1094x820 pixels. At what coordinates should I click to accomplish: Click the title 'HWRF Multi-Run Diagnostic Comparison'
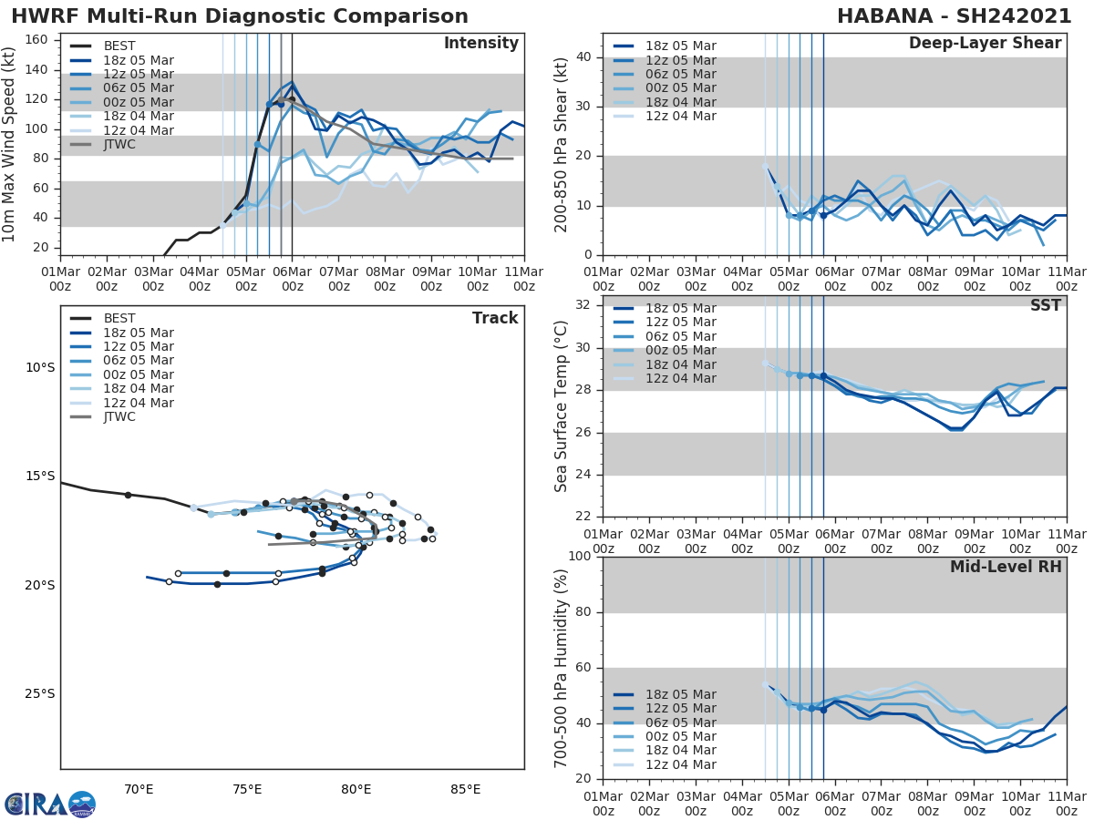[240, 16]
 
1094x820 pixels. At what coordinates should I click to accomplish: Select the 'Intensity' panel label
[480, 44]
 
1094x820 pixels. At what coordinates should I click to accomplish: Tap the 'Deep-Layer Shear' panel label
[985, 44]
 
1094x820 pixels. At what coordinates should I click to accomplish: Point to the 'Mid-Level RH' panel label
[1006, 567]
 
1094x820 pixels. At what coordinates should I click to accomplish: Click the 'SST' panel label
[1046, 305]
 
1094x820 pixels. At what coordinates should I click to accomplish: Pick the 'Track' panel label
[495, 318]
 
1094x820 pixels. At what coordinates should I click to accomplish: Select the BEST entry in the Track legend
[119, 319]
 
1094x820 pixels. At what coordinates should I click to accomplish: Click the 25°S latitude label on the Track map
[40, 693]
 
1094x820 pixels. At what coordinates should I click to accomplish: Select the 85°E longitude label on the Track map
[465, 789]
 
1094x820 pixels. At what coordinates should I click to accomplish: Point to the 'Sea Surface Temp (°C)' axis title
[562, 406]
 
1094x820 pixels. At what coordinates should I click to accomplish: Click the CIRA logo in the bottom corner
[49, 805]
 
